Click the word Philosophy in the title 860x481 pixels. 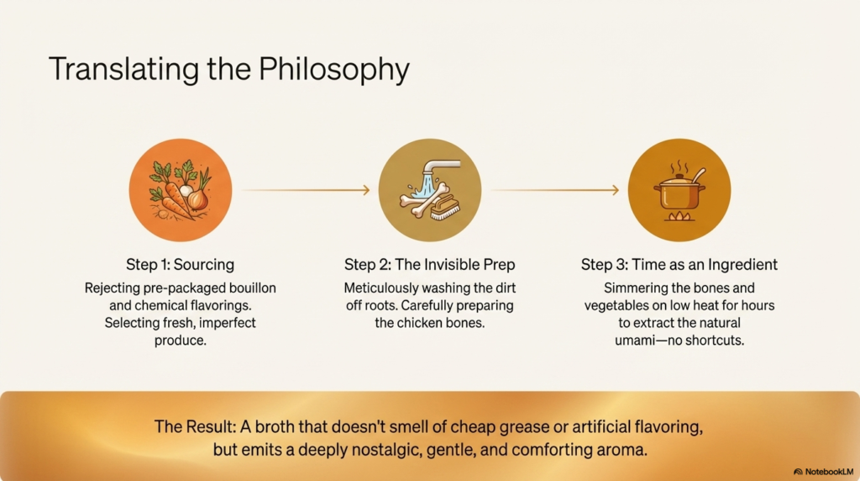[334, 71]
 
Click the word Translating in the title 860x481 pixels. [123, 71]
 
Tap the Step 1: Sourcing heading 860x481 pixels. [180, 265]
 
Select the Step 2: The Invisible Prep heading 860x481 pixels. [429, 265]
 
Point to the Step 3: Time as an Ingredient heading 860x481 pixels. [679, 265]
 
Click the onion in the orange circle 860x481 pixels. [197, 198]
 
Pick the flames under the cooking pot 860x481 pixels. [679, 216]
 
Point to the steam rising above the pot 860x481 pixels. [679, 166]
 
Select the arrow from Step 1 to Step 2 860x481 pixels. [306, 190]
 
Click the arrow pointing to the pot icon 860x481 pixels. [555, 190]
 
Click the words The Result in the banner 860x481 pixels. [194, 426]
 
